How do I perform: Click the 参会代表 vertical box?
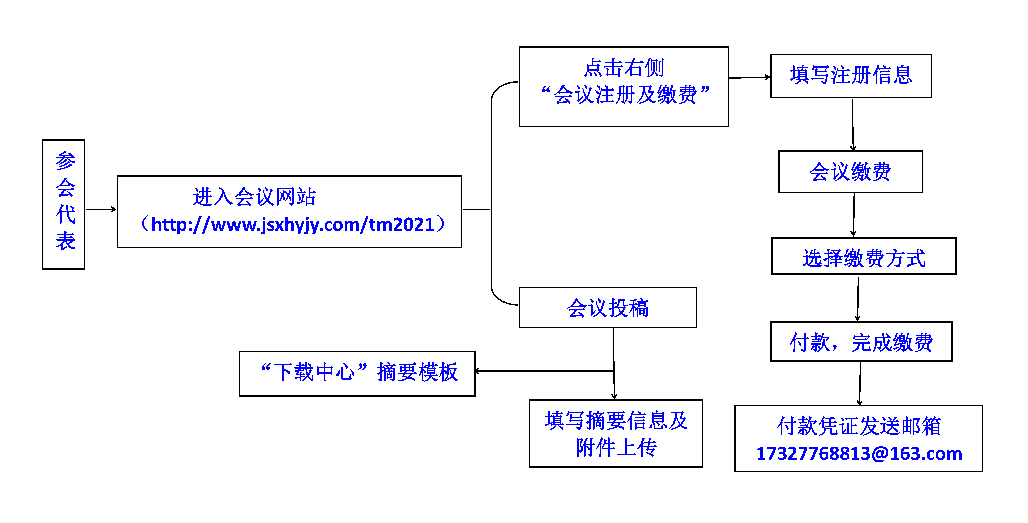(x=63, y=204)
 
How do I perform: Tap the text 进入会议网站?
(x=254, y=197)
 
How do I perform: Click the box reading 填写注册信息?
(x=851, y=76)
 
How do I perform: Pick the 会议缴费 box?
(x=850, y=172)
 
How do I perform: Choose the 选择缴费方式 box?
(x=864, y=256)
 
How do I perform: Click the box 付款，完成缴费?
(x=861, y=341)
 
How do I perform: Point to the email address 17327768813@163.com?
(x=859, y=454)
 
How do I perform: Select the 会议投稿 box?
(x=608, y=307)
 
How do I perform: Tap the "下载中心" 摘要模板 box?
(x=357, y=373)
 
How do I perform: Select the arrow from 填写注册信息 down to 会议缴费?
(x=853, y=125)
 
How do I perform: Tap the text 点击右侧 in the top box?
(x=624, y=67)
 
